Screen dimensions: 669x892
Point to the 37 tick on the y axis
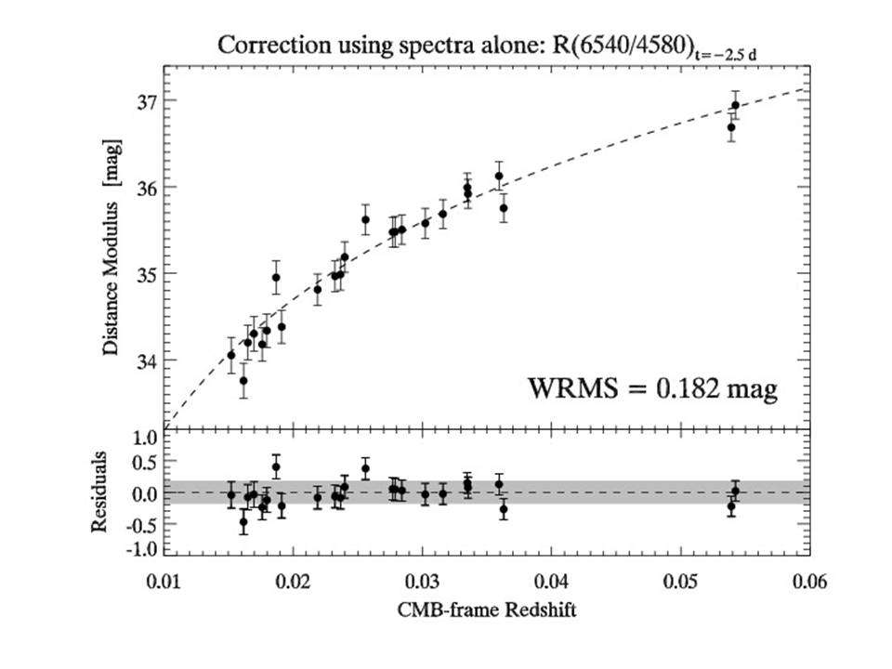point(143,100)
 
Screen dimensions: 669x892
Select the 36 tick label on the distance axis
point(143,187)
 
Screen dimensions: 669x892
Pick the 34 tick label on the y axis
point(143,361)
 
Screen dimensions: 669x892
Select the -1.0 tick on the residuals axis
point(138,548)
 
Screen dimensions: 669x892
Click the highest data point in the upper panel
point(735,105)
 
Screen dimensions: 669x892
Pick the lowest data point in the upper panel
point(243,380)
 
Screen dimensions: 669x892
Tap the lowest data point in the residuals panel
point(243,522)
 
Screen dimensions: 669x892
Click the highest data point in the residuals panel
point(276,466)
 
